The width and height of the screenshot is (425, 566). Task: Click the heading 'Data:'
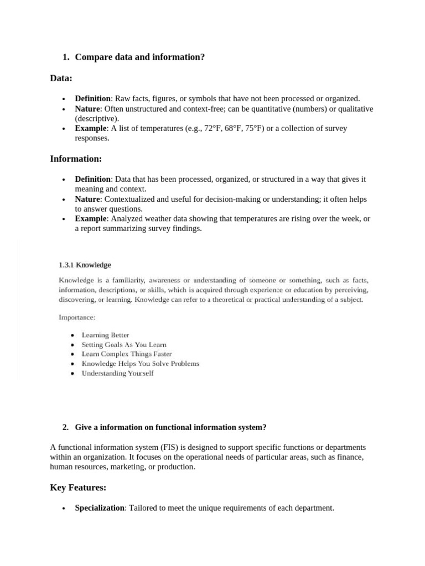pyautogui.click(x=61, y=79)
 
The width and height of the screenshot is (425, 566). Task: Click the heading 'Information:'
pyautogui.click(x=76, y=159)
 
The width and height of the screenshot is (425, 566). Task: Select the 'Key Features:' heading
pyautogui.click(x=78, y=488)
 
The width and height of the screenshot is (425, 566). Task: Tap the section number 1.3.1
pyautogui.click(x=66, y=265)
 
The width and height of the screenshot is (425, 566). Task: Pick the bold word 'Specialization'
pyautogui.click(x=100, y=508)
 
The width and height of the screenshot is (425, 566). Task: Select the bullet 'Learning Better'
pyautogui.click(x=105, y=335)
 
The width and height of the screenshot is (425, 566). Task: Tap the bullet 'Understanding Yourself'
pyautogui.click(x=117, y=373)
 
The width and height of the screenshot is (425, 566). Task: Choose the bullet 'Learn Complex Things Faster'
pyautogui.click(x=127, y=354)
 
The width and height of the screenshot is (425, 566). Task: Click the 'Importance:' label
pyautogui.click(x=77, y=318)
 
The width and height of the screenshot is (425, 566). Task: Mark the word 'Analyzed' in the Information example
pyautogui.click(x=128, y=219)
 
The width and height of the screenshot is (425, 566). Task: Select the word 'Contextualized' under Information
pyautogui.click(x=130, y=199)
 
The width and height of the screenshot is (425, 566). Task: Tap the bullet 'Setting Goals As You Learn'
pyautogui.click(x=124, y=344)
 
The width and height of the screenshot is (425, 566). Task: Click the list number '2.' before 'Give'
pyautogui.click(x=66, y=427)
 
